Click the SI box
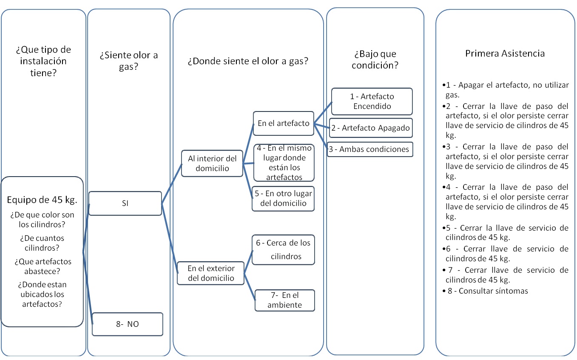click(x=125, y=203)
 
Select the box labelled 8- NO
click(x=128, y=324)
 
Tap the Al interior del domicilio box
click(x=212, y=163)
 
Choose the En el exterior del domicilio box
click(x=211, y=273)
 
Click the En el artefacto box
click(x=283, y=123)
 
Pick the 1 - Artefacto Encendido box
click(x=372, y=101)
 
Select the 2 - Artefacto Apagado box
click(x=371, y=128)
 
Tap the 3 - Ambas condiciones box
click(x=370, y=149)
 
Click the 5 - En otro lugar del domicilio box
click(x=283, y=199)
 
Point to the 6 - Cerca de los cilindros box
click(x=283, y=250)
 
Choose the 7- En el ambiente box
click(x=284, y=300)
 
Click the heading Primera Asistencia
click(x=505, y=53)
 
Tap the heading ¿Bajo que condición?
click(x=375, y=60)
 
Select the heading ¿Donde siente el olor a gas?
click(x=248, y=61)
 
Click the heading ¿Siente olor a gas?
click(x=128, y=61)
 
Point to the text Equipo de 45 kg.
click(x=42, y=200)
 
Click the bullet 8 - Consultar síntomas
click(x=485, y=291)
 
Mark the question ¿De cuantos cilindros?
click(x=42, y=243)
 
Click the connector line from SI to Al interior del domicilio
click(x=172, y=183)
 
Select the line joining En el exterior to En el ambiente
click(x=250, y=286)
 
